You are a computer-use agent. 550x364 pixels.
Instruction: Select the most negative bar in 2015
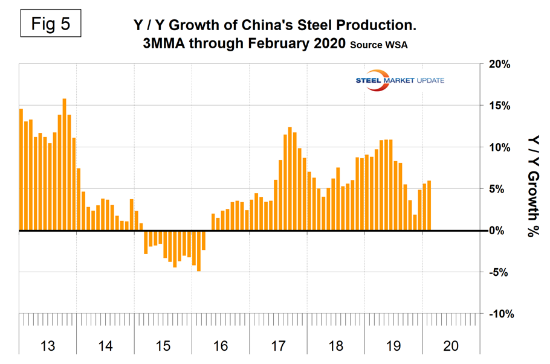point(199,251)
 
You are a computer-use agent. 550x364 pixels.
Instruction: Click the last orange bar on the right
point(429,205)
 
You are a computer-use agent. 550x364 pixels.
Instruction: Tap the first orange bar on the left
point(21,170)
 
